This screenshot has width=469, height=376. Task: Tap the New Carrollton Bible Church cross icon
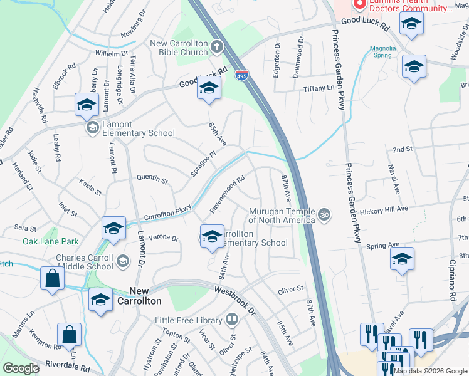pos(217,46)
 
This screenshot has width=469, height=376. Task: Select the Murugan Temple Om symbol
pos(324,214)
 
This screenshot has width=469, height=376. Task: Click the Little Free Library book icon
pos(232,320)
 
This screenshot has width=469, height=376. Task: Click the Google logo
pos(21,368)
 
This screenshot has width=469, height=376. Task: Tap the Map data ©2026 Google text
pos(429,371)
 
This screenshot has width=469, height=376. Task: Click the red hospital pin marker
pos(360,5)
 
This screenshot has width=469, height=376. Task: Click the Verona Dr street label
pos(164,238)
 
